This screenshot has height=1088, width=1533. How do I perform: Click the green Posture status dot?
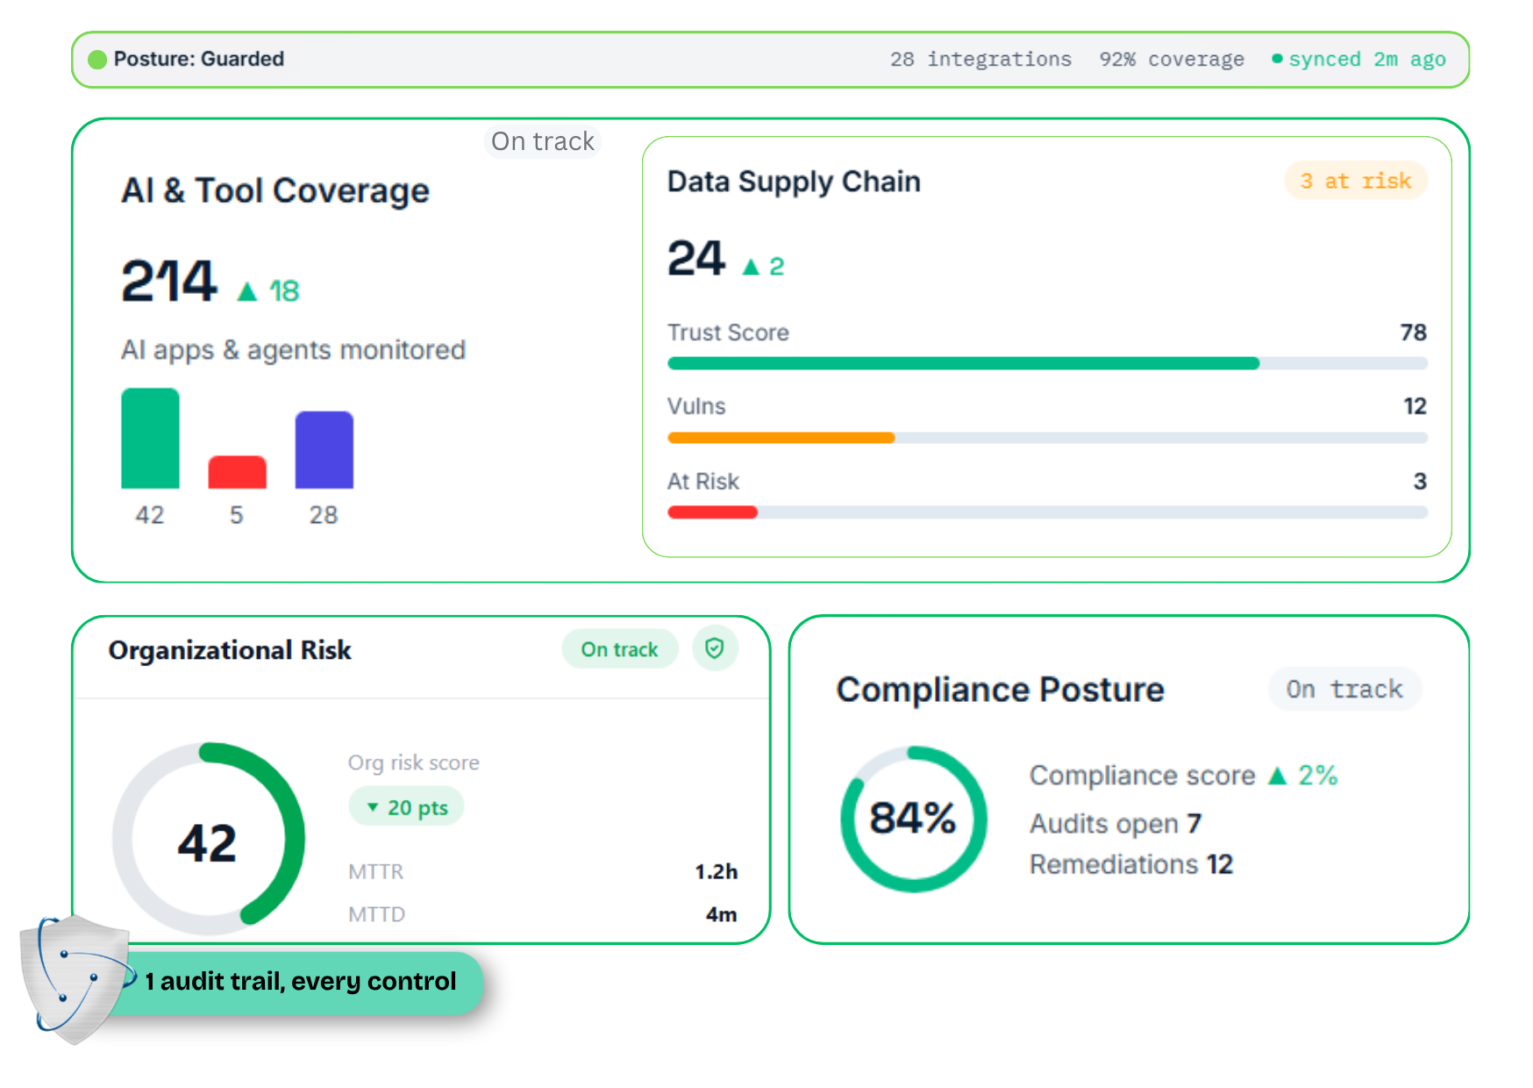[x=97, y=60]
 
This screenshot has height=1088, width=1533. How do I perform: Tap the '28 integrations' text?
[x=980, y=60]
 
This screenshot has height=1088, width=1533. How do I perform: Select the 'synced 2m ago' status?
[x=1359, y=60]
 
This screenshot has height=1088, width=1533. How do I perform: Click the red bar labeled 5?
[x=237, y=472]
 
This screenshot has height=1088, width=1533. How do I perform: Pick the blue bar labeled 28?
[x=324, y=450]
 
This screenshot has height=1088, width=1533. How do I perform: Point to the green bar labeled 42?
[x=150, y=438]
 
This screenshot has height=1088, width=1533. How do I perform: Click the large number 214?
[x=168, y=281]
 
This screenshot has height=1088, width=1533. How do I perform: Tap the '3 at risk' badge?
[x=1356, y=181]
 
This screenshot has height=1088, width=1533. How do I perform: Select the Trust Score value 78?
[x=1413, y=333]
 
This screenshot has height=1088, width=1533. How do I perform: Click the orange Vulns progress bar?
[x=781, y=438]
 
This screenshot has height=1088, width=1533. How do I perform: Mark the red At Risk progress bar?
[x=712, y=512]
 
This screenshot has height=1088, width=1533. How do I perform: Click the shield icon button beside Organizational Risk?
[x=715, y=649]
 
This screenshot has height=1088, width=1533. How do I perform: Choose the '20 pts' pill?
[x=407, y=807]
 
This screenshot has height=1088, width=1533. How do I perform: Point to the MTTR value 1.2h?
[x=716, y=871]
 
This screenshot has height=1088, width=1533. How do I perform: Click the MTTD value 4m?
[x=721, y=914]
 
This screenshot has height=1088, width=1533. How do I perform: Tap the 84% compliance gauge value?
[x=912, y=819]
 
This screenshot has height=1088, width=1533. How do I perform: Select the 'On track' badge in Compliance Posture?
[x=1344, y=690]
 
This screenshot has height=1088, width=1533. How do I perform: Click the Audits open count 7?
[x=1194, y=824]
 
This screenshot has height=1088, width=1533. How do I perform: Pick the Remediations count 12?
[x=1219, y=864]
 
